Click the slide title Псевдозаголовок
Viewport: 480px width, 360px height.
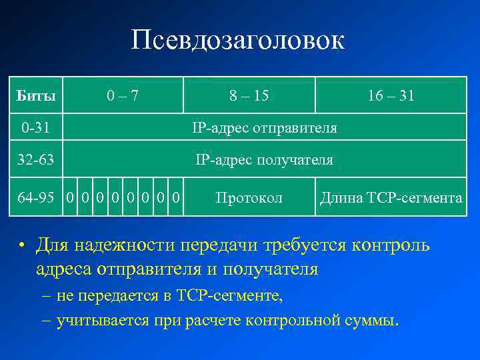click(238, 41)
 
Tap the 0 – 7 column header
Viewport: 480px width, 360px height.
click(123, 95)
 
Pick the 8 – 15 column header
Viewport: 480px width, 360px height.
click(249, 95)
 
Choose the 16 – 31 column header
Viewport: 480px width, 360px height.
click(391, 95)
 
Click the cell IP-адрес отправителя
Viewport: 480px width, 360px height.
click(264, 127)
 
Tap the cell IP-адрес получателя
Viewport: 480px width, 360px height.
click(264, 160)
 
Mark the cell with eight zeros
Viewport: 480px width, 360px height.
click(123, 198)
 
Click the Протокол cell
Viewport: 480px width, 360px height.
click(249, 198)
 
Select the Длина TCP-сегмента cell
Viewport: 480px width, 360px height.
click(391, 198)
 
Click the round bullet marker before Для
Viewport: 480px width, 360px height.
click(22, 246)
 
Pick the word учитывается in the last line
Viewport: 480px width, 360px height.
click(94, 320)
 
